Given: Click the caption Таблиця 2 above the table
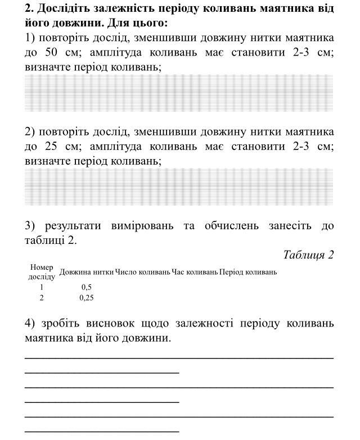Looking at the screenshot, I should coord(308,255).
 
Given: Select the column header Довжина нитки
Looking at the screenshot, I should coord(87,272).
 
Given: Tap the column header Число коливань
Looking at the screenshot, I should coord(142,272).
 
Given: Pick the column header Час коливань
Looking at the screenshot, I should coord(195,272).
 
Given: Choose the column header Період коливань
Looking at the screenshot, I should coord(248,272).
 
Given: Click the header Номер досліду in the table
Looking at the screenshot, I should coord(42,272).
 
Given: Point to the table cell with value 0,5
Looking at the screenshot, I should coord(86,287).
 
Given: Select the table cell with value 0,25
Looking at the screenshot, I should coord(86,298).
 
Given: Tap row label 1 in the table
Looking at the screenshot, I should coord(42,287).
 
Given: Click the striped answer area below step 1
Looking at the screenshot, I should coord(179,93).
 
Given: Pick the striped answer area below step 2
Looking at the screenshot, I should coord(179,187).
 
